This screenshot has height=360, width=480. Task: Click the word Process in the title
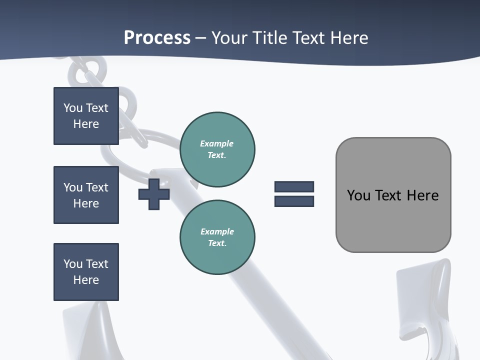pos(157,37)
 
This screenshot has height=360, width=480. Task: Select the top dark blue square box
pos(86,116)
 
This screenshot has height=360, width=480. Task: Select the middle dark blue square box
pos(86,195)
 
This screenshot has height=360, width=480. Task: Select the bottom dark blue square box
pos(86,272)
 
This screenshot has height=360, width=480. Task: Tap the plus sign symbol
pos(154,194)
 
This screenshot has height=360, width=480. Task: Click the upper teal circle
pos(217,149)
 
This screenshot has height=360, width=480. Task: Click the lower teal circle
pos(217,237)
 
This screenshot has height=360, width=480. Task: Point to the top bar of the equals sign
pos(294,186)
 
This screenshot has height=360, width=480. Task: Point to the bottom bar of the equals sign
pos(294,201)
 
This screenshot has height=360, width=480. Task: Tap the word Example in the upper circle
pos(216,143)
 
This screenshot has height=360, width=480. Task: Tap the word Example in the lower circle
pos(217,231)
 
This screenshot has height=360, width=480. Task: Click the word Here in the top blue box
pos(86,124)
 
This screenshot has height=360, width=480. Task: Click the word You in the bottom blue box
pos(72,264)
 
